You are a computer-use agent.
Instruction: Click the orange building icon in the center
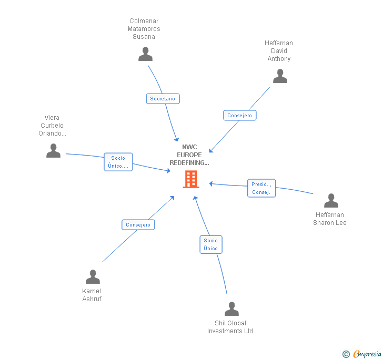(x=190, y=179)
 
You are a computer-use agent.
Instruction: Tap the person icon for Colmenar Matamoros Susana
(x=145, y=54)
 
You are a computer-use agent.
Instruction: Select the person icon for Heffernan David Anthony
(x=280, y=76)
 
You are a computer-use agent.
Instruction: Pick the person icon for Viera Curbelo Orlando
(x=53, y=151)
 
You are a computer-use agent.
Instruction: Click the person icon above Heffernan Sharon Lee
(x=331, y=201)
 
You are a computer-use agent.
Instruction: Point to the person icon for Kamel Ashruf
(x=93, y=277)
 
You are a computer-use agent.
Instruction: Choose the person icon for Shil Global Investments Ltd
(x=231, y=309)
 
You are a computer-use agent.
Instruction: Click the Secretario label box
(x=163, y=99)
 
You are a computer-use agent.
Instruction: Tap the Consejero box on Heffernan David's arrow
(x=239, y=116)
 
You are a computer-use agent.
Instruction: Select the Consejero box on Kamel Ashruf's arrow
(x=138, y=225)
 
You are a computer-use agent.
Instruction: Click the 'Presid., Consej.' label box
(x=261, y=188)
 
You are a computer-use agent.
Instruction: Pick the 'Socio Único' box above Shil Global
(x=210, y=244)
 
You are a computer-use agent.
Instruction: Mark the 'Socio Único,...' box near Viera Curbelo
(x=118, y=162)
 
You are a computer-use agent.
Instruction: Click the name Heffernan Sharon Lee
(x=330, y=219)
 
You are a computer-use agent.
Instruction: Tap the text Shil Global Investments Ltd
(x=230, y=327)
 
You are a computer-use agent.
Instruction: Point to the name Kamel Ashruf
(x=92, y=295)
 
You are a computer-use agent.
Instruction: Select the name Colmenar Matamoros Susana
(x=144, y=29)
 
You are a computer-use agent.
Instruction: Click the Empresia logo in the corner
(x=367, y=354)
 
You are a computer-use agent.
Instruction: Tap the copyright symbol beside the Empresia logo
(x=346, y=354)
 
